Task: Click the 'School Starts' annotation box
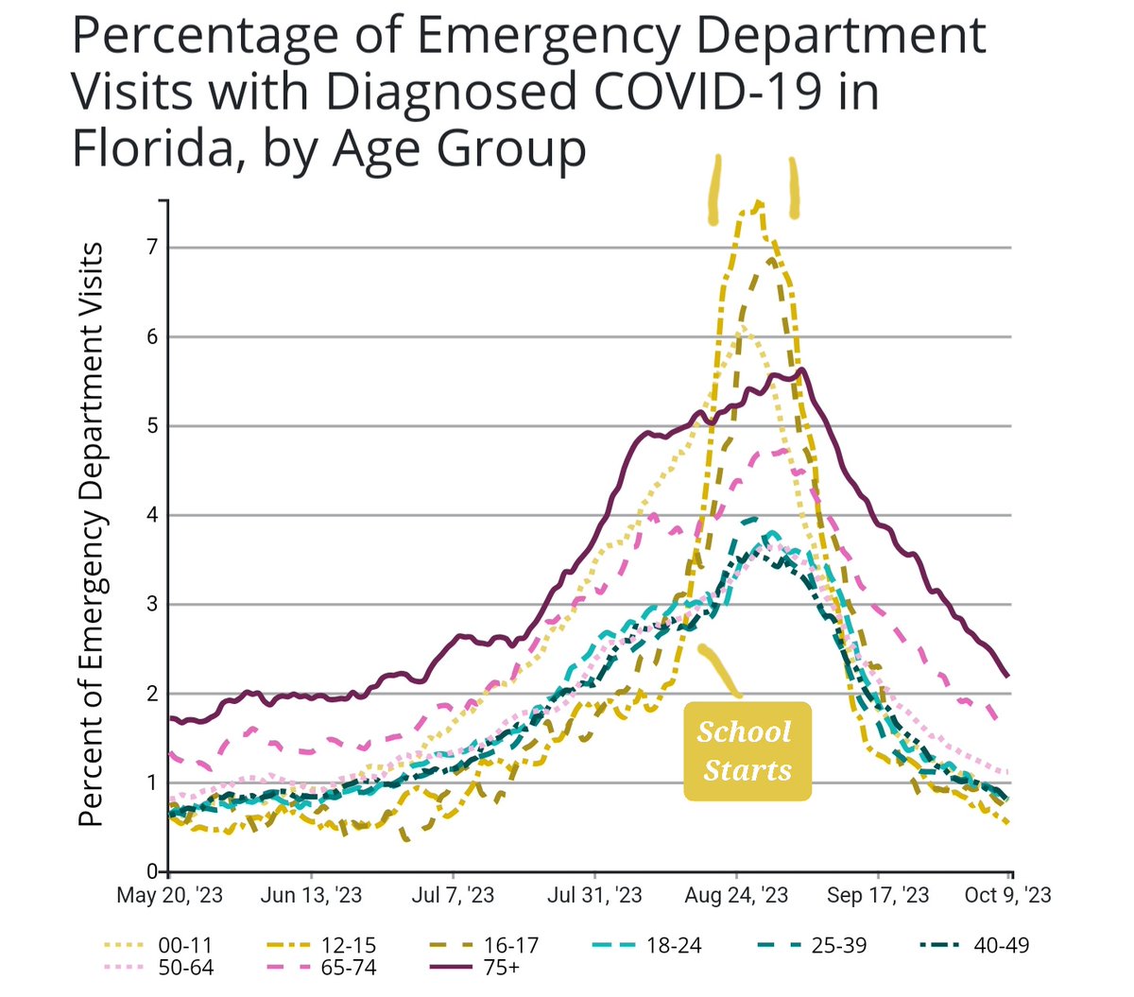[x=747, y=751]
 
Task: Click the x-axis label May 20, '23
[x=169, y=895]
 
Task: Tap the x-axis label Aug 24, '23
[x=736, y=895]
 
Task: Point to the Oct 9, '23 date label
[x=1007, y=895]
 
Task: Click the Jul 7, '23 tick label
[x=453, y=895]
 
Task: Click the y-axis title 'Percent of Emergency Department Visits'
[x=92, y=534]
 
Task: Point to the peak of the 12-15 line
[x=759, y=202]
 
